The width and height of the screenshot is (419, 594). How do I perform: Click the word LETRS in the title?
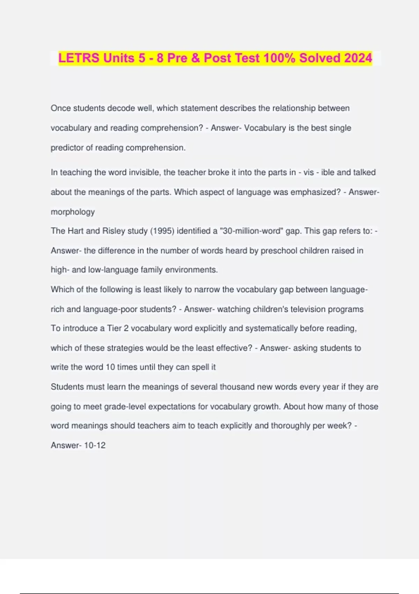[x=79, y=58]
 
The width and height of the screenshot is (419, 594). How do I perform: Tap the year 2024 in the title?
[x=358, y=58]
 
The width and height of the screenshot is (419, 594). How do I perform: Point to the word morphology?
[x=73, y=212]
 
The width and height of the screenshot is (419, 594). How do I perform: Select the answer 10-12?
[x=95, y=445]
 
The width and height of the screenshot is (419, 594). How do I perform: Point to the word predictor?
[x=67, y=148]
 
